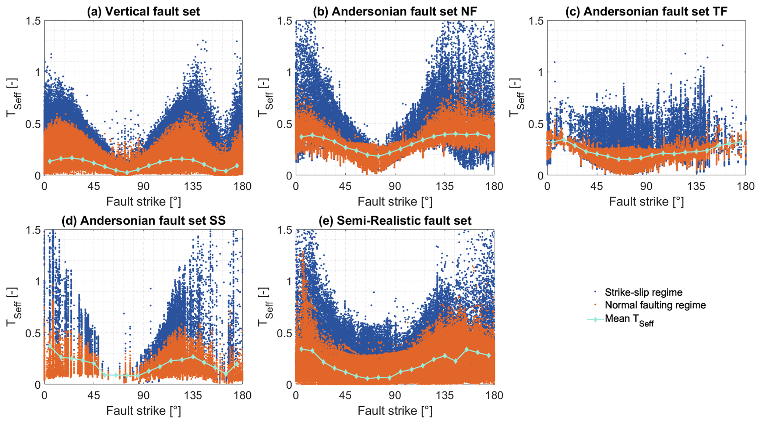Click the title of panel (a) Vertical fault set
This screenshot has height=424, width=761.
tap(143, 11)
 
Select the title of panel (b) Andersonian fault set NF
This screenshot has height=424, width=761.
tap(395, 11)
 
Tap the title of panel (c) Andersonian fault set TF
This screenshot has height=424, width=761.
tap(646, 11)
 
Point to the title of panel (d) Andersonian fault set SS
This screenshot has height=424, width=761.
tap(143, 221)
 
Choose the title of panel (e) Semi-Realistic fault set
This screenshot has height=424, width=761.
tap(395, 221)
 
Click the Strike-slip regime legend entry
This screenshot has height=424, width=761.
tap(643, 292)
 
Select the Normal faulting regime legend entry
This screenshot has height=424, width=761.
tap(655, 305)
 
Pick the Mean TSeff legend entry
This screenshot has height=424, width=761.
tap(629, 319)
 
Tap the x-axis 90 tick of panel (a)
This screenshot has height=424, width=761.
tap(143, 186)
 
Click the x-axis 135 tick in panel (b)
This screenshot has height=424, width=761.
tap(444, 186)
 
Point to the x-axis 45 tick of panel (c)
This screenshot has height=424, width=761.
tap(597, 186)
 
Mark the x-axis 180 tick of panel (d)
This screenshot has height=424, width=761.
tap(243, 395)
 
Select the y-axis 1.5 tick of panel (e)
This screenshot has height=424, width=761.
tap(284, 230)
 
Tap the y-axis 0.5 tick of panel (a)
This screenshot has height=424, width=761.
tap(33, 124)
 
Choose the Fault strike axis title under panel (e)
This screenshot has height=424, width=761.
tap(395, 411)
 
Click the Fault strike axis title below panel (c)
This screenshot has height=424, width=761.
tap(646, 202)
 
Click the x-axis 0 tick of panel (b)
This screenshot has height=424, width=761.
tap(296, 186)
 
